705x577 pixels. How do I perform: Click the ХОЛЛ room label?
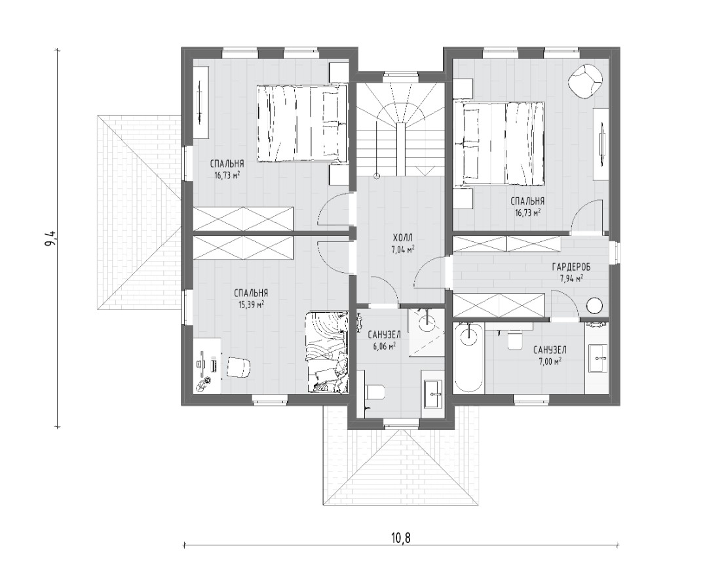(x=402, y=237)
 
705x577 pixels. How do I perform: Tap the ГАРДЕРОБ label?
(x=571, y=268)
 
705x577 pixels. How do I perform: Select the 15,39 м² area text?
(x=251, y=304)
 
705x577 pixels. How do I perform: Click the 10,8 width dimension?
(x=402, y=537)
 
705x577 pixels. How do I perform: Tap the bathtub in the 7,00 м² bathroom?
(x=469, y=357)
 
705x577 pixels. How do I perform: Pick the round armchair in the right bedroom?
(x=585, y=81)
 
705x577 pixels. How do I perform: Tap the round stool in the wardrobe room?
(x=594, y=306)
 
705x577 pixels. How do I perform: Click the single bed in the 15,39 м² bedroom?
(x=327, y=352)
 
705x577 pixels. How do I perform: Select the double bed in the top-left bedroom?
(x=301, y=123)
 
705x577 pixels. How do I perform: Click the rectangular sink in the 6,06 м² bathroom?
(x=434, y=394)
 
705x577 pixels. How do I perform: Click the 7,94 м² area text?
(x=571, y=278)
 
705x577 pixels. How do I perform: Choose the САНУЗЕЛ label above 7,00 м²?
(x=550, y=349)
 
